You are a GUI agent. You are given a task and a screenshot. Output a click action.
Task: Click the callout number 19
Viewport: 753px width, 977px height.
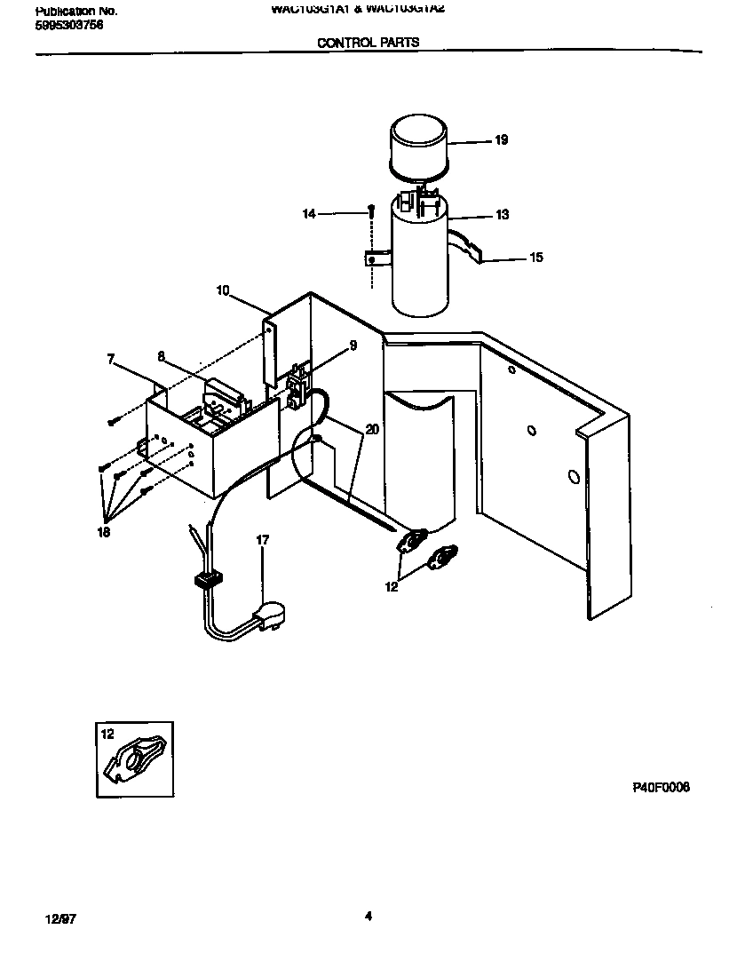(501, 140)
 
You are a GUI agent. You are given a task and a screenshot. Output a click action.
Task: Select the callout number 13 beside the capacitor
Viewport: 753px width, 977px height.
(502, 215)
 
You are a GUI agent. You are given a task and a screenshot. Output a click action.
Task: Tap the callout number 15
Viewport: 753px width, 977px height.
(535, 258)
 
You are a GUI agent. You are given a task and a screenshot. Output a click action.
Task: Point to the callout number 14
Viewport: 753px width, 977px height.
(308, 214)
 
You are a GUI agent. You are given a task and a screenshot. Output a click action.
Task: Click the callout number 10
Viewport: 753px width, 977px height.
(223, 290)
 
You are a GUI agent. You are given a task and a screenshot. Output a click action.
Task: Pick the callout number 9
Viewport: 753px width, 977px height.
(353, 346)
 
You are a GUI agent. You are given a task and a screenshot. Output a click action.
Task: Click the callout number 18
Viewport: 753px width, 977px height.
(105, 533)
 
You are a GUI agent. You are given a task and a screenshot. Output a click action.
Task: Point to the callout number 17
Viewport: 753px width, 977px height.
(262, 540)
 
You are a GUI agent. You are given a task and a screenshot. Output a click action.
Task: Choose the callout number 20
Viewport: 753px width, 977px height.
(371, 429)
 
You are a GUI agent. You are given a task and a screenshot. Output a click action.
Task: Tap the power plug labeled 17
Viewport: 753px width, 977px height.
(270, 615)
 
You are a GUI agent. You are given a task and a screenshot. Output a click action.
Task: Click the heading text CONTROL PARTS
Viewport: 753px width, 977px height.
(368, 42)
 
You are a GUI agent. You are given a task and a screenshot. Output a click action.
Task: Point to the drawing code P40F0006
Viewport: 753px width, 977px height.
(661, 788)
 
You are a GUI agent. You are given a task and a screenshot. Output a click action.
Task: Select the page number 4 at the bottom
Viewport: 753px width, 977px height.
(368, 917)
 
